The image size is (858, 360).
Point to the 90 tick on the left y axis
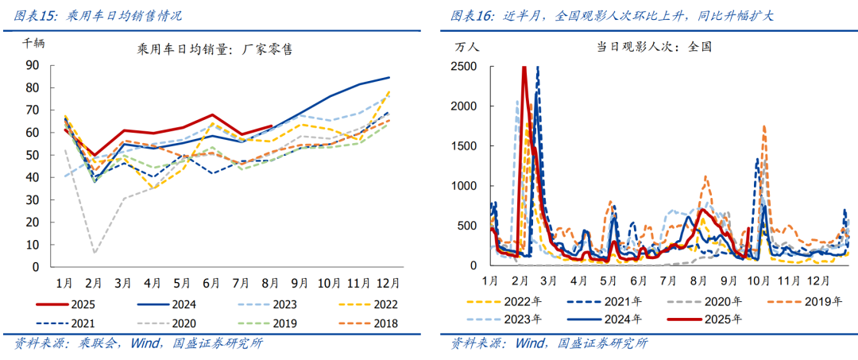pyautogui.click(x=33, y=66)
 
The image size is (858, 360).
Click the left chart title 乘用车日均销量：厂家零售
pyautogui.click(x=214, y=49)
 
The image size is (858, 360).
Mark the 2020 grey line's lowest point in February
pyautogui.click(x=95, y=254)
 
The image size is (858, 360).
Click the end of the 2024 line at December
pyautogui.click(x=389, y=77)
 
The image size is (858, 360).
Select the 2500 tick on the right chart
pyautogui.click(x=463, y=66)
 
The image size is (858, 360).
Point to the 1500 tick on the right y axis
pyautogui.click(x=463, y=145)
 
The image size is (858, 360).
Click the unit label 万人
pyautogui.click(x=467, y=47)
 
